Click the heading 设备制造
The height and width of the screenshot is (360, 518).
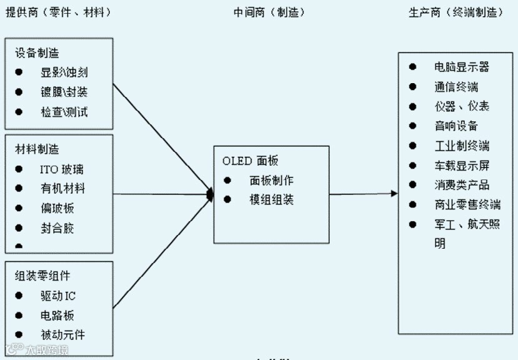(x=37, y=53)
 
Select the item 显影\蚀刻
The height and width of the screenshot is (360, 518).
(x=64, y=72)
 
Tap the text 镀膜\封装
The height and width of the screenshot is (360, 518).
(x=64, y=92)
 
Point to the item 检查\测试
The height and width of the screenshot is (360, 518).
(x=64, y=112)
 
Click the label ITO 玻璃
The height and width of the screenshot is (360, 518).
(x=62, y=169)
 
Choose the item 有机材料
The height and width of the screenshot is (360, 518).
(x=62, y=188)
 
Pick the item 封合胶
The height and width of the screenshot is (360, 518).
(x=57, y=228)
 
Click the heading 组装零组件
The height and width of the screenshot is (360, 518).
(x=42, y=276)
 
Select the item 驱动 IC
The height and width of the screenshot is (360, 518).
(x=57, y=296)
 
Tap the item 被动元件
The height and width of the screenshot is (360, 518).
(x=62, y=335)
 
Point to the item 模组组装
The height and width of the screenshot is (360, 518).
(x=271, y=200)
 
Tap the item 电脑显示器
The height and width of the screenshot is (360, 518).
(x=462, y=67)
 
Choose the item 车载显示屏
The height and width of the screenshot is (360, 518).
(x=462, y=166)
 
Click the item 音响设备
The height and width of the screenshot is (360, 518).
(x=457, y=126)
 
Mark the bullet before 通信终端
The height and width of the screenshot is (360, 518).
(x=413, y=86)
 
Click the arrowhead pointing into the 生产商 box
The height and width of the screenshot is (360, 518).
(x=394, y=194)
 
